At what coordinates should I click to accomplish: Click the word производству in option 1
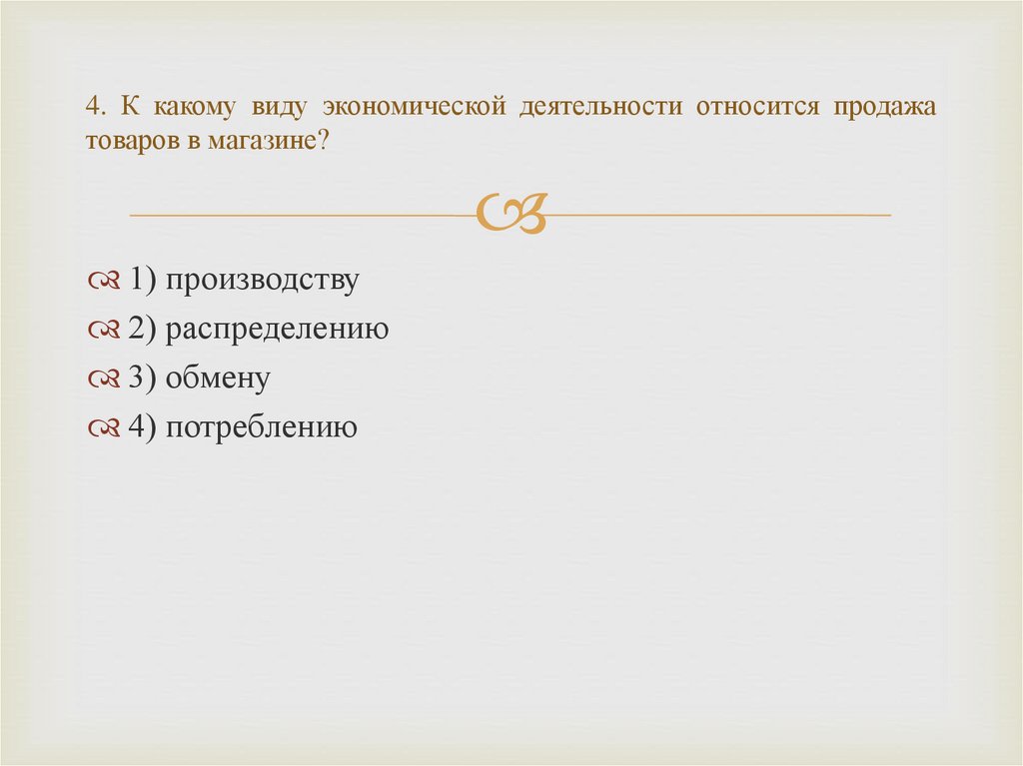(x=262, y=282)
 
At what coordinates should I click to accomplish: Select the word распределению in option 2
(x=277, y=331)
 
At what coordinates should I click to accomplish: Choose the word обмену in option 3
(x=218, y=379)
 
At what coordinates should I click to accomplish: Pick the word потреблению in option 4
(x=262, y=428)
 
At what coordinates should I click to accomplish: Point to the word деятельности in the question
(x=591, y=107)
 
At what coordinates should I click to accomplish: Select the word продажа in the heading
(x=881, y=107)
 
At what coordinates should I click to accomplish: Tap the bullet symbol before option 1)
(x=104, y=282)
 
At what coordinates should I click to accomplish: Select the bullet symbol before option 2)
(x=104, y=331)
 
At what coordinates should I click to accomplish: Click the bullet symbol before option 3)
(x=104, y=380)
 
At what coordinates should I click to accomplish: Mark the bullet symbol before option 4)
(x=104, y=428)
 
